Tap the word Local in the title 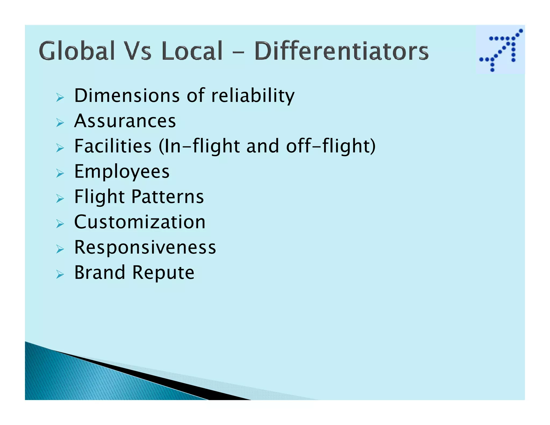192,51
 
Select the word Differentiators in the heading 341,51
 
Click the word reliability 253,96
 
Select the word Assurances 125,121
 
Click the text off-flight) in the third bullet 331,146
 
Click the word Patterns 168,197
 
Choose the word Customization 140,222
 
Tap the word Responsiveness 145,247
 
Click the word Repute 163,273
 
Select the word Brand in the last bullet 100,272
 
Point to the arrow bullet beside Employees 60,173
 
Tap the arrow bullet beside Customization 60,224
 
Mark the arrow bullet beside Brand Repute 60,274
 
